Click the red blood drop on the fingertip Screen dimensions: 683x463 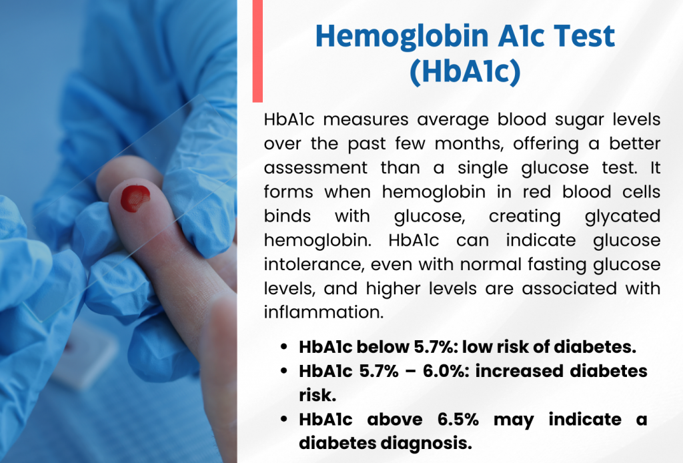135,198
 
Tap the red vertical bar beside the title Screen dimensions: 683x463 257,51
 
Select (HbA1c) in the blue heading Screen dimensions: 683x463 465,71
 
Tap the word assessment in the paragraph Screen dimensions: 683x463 315,168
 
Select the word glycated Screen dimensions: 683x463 622,217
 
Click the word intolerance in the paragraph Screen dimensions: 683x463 314,265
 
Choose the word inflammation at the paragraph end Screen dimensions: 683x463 323,312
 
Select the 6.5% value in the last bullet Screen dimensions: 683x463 458,420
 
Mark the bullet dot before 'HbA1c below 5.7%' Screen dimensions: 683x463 284,347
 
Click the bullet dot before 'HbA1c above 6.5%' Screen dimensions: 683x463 284,420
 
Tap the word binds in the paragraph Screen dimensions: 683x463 287,216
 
